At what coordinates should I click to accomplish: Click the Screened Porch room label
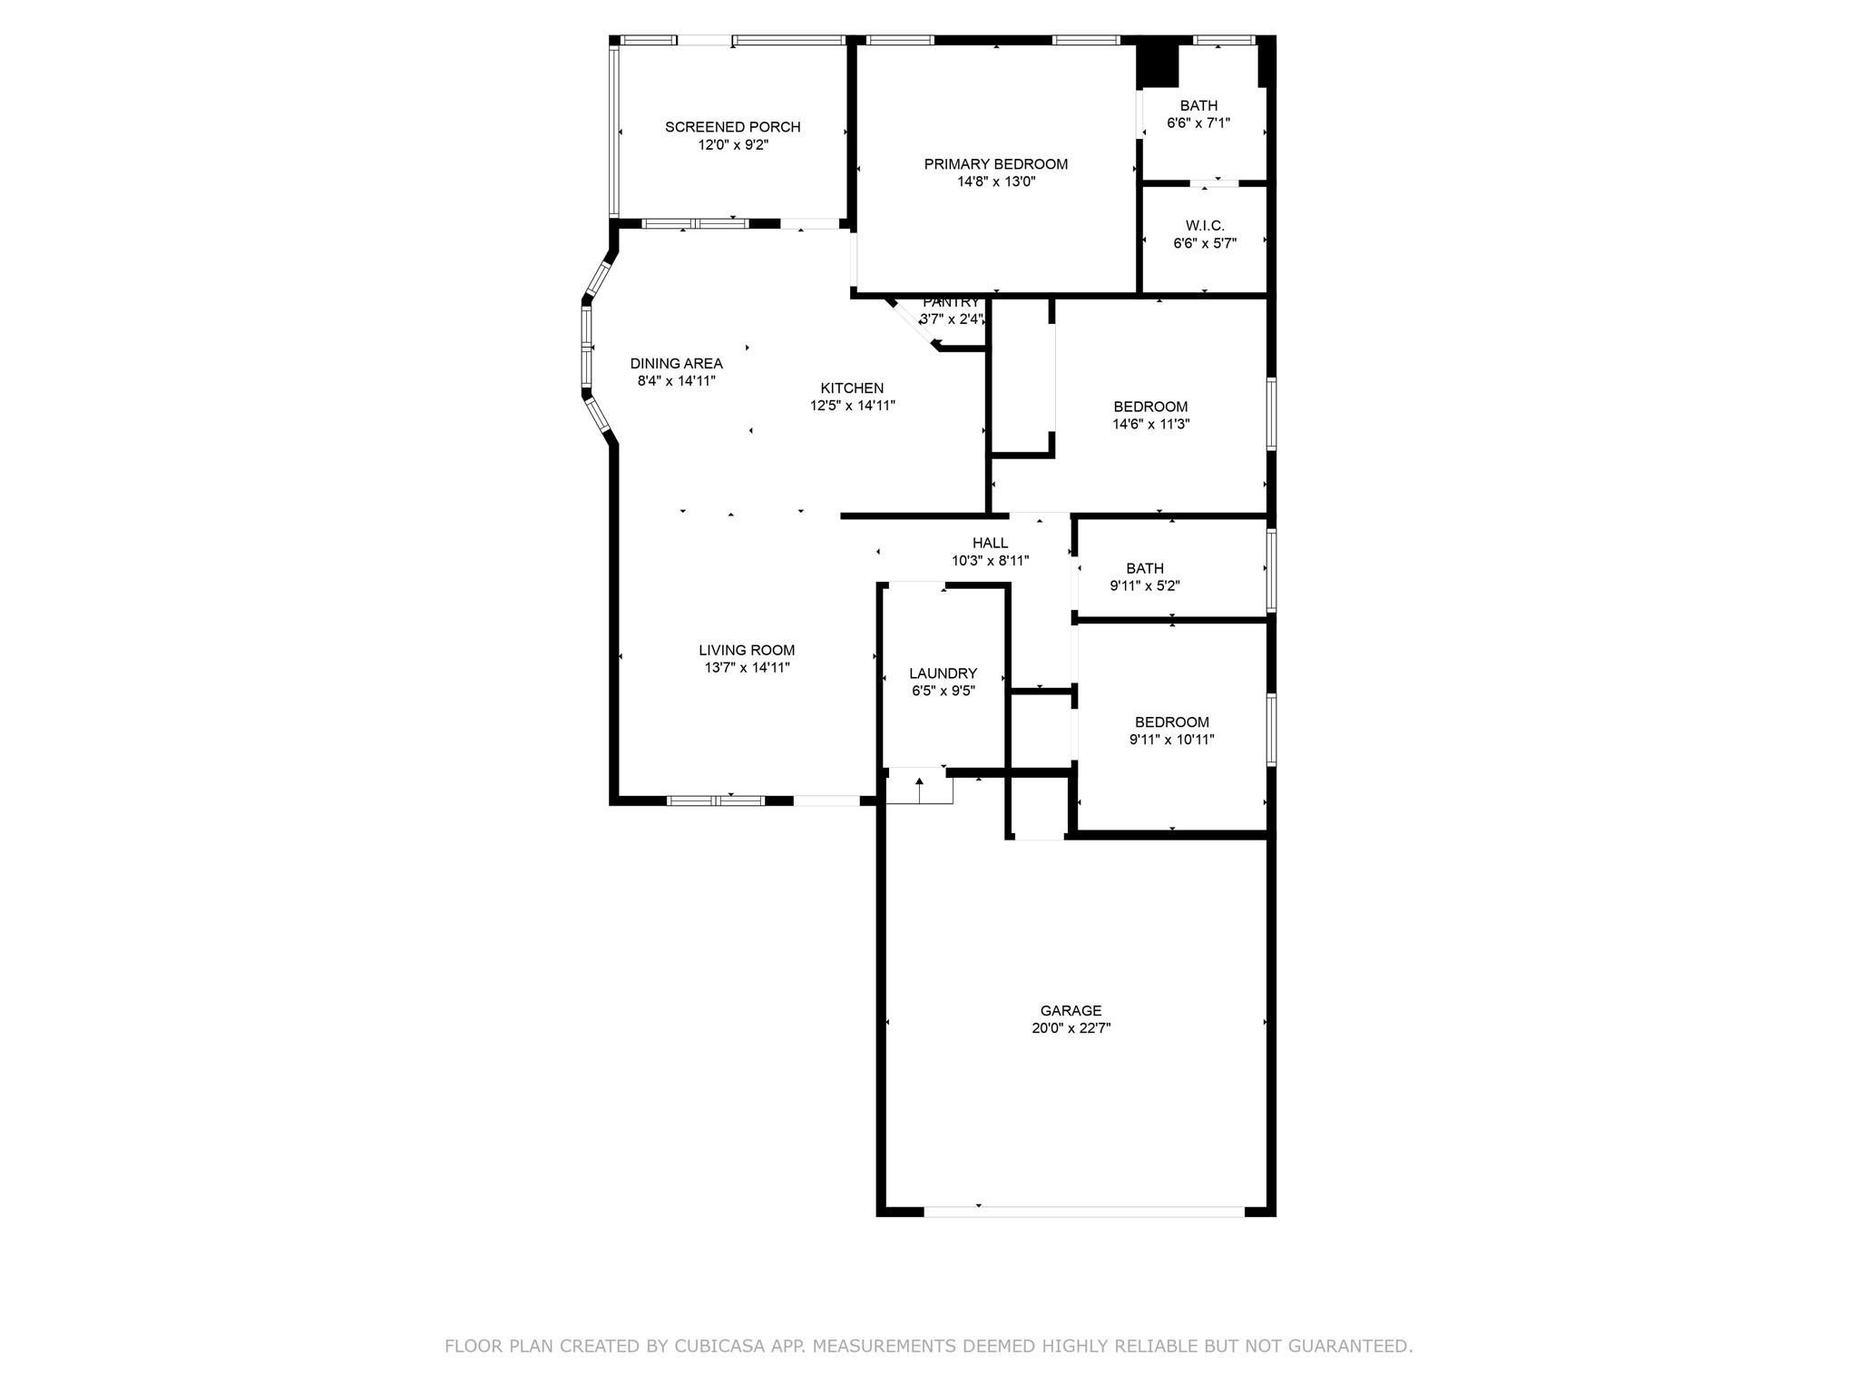pos(732,127)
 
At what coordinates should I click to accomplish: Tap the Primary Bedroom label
pos(996,164)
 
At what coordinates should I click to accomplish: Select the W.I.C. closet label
pos(1205,226)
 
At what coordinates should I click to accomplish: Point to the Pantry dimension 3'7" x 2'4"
pos(952,319)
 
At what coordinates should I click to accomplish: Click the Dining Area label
pos(677,364)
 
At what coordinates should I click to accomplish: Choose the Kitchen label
pos(852,388)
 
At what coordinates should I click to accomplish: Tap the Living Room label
pos(747,651)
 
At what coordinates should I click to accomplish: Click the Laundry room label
pos(944,673)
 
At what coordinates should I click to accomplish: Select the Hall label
pos(990,544)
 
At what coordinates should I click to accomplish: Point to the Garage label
pos(1071,1011)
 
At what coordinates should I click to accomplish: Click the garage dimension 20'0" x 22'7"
pos(1071,1028)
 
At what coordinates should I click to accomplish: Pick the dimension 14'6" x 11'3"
pos(1150,424)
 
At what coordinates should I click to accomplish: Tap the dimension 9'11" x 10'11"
pos(1171,740)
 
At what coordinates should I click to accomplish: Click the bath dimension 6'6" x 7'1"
pos(1198,123)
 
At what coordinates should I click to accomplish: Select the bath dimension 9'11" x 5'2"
pos(1145,586)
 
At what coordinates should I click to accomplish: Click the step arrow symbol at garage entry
pos(919,789)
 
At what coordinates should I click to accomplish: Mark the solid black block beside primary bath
pos(1157,65)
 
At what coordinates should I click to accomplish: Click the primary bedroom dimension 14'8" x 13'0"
pos(996,182)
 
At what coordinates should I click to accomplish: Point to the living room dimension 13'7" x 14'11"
pos(747,668)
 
